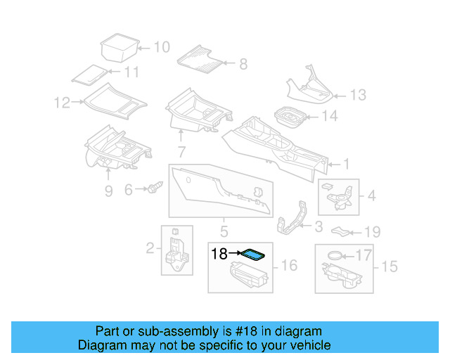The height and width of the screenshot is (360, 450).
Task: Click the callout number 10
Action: (x=162, y=47)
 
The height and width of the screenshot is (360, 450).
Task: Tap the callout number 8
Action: (x=243, y=64)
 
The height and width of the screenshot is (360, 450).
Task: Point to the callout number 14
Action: (x=329, y=117)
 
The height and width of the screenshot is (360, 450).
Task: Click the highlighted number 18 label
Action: (x=219, y=253)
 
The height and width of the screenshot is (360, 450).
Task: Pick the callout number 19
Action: (x=372, y=232)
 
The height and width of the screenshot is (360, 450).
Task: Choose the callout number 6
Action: (x=129, y=190)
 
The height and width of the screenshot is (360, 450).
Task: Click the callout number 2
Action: (x=150, y=247)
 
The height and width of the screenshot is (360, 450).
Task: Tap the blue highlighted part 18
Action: (x=252, y=254)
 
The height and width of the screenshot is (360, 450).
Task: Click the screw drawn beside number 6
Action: (x=155, y=188)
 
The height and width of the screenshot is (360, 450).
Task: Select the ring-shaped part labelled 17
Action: (x=337, y=255)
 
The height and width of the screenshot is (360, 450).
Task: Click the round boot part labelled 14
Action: (x=288, y=117)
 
